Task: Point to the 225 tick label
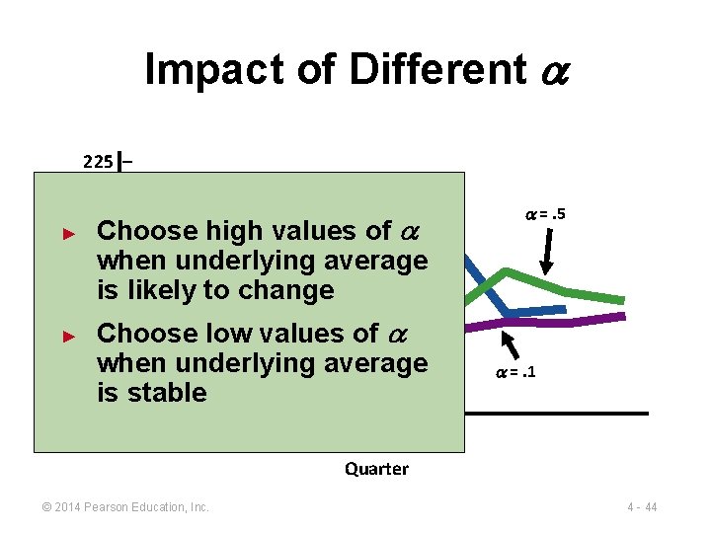[x=98, y=162]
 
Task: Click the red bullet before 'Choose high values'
[x=68, y=234]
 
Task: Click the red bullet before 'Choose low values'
[x=68, y=336]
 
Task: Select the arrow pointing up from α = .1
[x=511, y=343]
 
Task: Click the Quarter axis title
[x=376, y=469]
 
